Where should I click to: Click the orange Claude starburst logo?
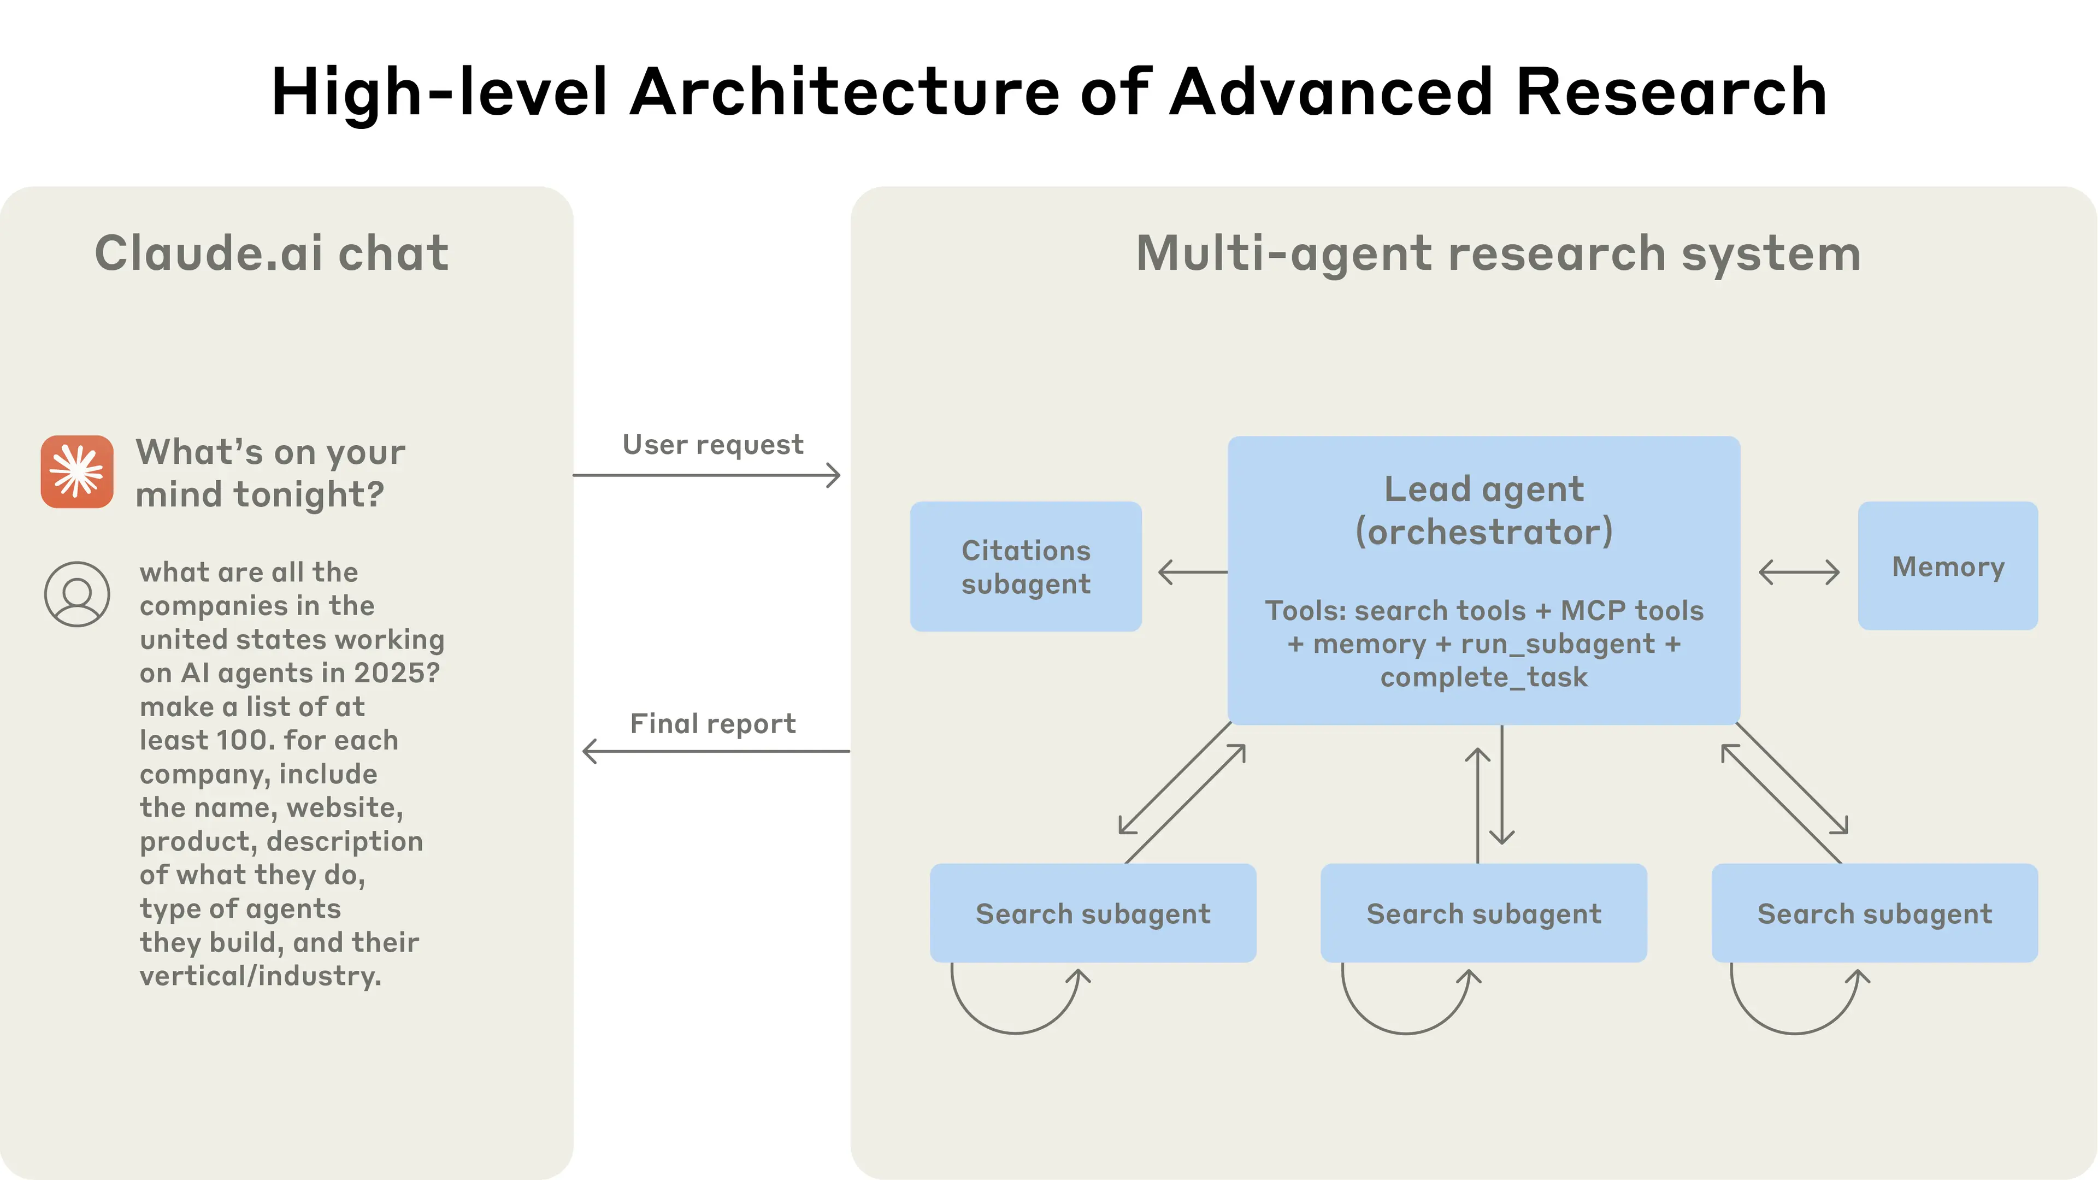pyautogui.click(x=78, y=471)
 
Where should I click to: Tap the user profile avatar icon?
pyautogui.click(x=78, y=594)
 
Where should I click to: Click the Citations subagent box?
pyautogui.click(x=1026, y=567)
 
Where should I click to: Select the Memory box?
pyautogui.click(x=1947, y=566)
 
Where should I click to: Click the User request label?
pyautogui.click(x=712, y=445)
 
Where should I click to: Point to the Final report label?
pyautogui.click(x=712, y=723)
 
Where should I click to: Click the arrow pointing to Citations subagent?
pyautogui.click(x=1192, y=571)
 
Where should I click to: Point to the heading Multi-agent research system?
pyautogui.click(x=1498, y=253)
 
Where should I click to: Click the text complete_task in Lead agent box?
pyautogui.click(x=1483, y=677)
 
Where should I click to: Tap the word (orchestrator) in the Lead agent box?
pyautogui.click(x=1483, y=532)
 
